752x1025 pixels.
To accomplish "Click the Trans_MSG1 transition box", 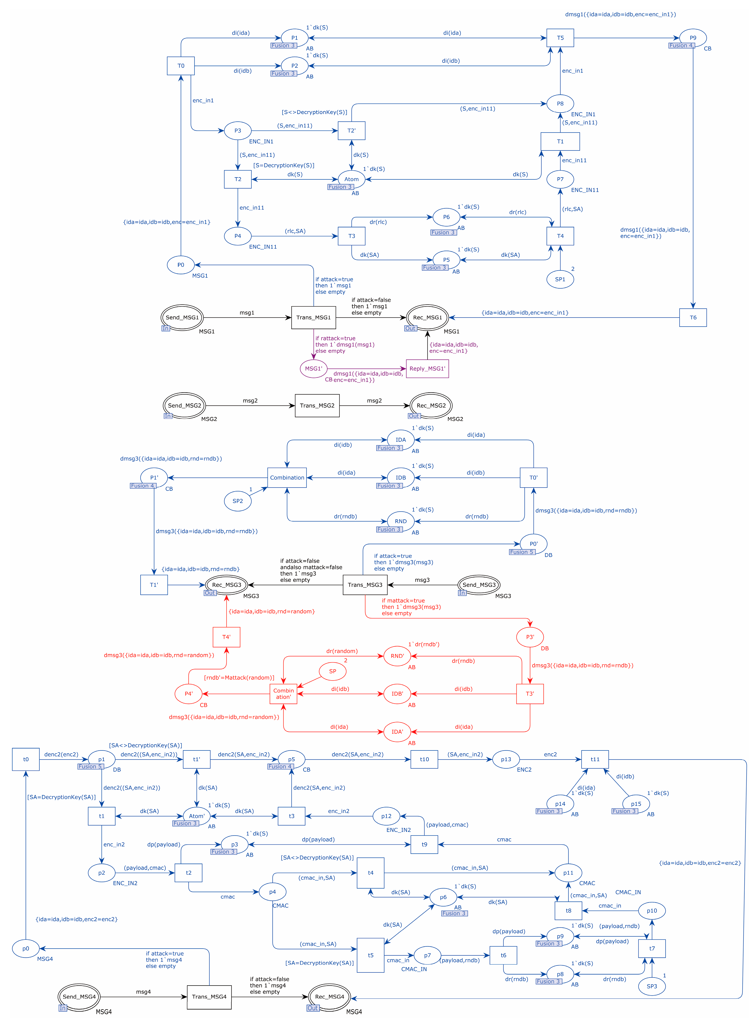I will point(313,318).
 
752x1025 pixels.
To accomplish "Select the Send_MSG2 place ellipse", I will point(184,405).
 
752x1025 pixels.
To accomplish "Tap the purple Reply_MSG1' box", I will point(427,368).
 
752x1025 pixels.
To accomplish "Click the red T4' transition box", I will point(226,637).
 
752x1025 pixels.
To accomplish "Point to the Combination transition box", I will point(287,478).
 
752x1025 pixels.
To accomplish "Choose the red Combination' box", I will point(283,694).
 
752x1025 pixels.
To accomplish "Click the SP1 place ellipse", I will point(560,279).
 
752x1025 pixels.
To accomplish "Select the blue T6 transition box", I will point(693,318).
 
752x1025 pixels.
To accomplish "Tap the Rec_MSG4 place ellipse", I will point(329,997).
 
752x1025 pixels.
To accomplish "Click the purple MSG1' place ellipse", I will point(313,368).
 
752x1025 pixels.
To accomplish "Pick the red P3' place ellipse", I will point(530,637).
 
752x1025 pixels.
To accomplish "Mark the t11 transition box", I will point(595,759).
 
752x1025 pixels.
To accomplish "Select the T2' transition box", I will point(351,131).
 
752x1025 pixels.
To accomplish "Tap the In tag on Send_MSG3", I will point(462,593).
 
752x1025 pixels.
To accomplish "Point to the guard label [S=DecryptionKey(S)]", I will point(284,165).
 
